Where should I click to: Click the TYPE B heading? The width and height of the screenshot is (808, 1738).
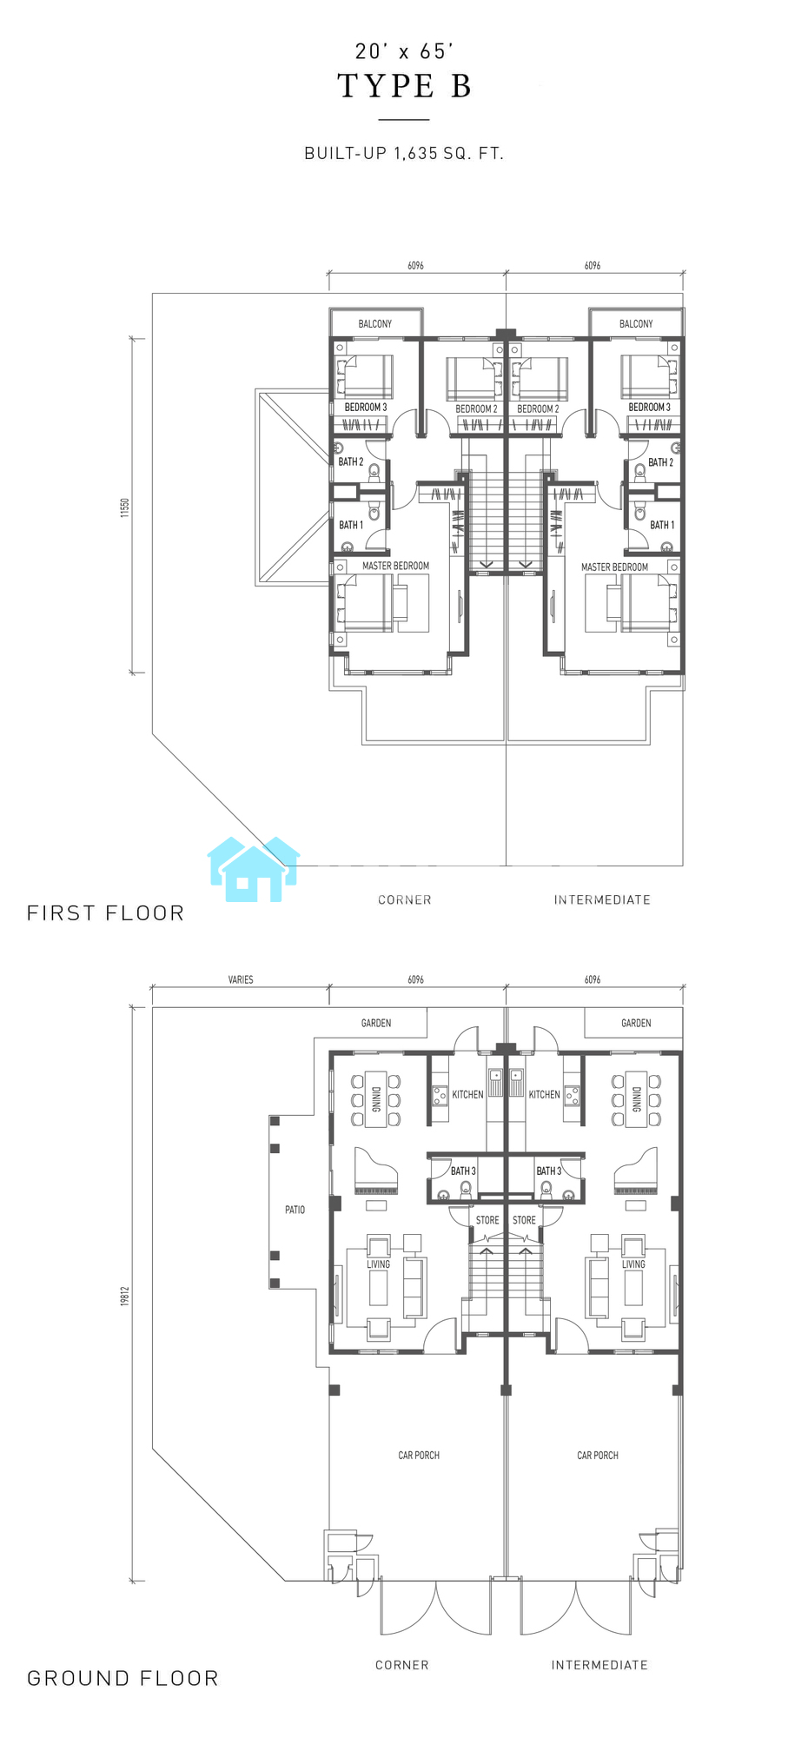[404, 86]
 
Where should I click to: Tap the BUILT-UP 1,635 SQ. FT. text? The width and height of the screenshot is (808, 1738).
[404, 154]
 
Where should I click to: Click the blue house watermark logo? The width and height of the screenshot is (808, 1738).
[254, 869]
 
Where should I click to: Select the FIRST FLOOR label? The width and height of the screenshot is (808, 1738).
[105, 913]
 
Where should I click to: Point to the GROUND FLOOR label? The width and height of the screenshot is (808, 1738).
[123, 1678]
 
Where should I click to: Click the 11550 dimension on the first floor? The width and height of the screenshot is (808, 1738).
[125, 507]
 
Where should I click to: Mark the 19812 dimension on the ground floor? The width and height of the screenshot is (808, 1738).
[125, 1296]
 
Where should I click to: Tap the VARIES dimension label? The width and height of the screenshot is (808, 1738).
[241, 979]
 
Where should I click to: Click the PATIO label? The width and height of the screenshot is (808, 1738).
[295, 1210]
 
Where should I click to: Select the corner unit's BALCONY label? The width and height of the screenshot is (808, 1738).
[375, 323]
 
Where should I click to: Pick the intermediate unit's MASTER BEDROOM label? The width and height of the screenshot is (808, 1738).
[614, 567]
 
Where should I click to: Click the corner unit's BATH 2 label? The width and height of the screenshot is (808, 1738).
[351, 461]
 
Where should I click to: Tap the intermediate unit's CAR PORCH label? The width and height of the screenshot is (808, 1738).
[598, 1455]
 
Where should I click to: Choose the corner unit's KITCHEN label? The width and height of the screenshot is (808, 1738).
[467, 1094]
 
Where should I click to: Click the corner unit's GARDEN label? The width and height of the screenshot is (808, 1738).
[376, 1023]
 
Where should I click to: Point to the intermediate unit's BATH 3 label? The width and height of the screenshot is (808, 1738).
[549, 1171]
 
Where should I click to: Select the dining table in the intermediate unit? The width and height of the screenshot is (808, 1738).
[636, 1099]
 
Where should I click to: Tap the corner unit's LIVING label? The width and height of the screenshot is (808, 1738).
[379, 1264]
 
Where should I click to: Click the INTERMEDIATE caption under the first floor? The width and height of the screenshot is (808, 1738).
[602, 899]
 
